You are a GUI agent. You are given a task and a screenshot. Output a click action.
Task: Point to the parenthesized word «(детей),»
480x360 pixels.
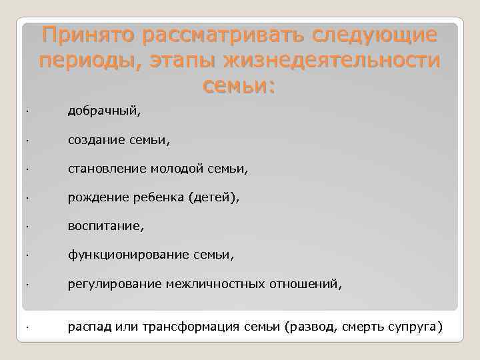213,198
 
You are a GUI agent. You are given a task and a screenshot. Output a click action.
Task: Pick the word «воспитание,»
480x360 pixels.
105,227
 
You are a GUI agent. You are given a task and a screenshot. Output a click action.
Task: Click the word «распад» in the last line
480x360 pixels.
89,327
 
